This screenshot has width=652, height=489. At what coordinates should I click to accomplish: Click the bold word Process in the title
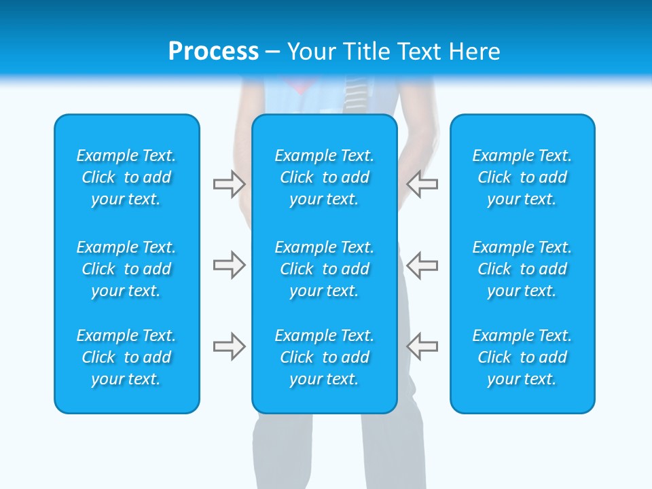tap(213, 52)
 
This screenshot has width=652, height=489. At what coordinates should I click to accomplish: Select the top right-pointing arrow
tap(229, 184)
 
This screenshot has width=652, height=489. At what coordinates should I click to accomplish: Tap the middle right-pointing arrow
tap(229, 265)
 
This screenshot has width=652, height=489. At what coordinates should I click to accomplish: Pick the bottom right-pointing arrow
tap(229, 346)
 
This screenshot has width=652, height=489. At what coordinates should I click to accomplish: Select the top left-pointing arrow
tap(422, 184)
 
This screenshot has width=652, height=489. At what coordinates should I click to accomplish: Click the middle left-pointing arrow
tap(422, 265)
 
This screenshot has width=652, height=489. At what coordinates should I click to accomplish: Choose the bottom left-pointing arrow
tap(422, 346)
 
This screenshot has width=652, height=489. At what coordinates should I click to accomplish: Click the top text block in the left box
tap(126, 177)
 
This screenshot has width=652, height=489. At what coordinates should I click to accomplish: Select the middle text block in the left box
tap(126, 269)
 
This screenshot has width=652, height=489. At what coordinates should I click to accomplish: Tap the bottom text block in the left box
tap(126, 357)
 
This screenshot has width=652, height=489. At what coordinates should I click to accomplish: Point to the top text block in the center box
tap(324, 177)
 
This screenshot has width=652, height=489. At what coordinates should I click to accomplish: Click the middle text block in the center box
tap(324, 269)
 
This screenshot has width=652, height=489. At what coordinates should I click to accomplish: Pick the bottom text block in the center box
tap(324, 357)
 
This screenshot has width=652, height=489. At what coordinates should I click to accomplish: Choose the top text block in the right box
tap(522, 177)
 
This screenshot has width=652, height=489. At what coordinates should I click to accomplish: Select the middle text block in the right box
tap(522, 269)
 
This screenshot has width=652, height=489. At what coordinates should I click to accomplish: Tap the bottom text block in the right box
tap(522, 357)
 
